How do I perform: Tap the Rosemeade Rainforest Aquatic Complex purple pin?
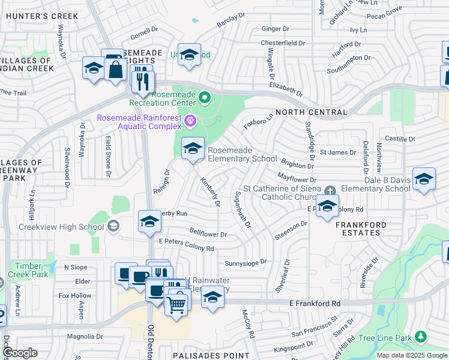(191, 121)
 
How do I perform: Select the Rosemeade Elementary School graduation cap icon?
(192, 148)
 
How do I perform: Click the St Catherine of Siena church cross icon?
(329, 191)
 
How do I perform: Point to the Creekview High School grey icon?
(113, 226)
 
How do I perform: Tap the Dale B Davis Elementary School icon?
(424, 179)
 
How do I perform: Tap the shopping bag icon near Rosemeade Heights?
(114, 70)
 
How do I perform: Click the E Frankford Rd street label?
(315, 304)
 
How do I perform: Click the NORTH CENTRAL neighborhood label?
(311, 112)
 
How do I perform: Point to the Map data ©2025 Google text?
(412, 355)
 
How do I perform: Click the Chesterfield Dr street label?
(283, 43)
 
